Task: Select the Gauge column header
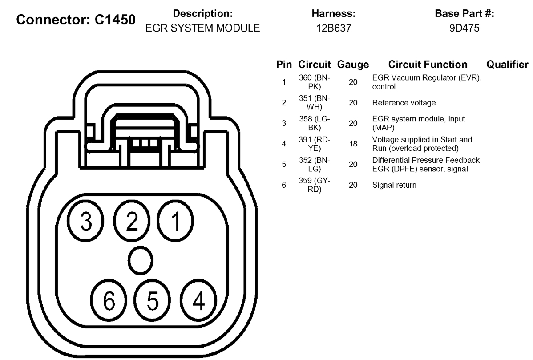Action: tap(353, 65)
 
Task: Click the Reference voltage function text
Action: tap(404, 103)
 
